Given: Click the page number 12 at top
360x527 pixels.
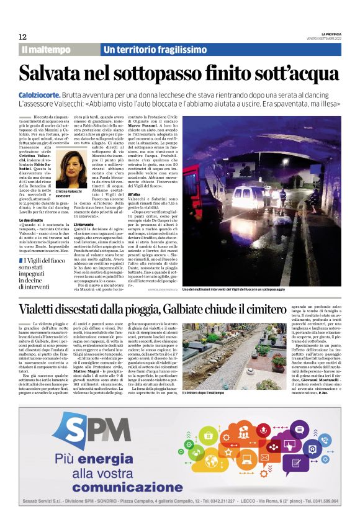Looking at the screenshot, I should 22,37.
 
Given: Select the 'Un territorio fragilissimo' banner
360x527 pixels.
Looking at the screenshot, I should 155,49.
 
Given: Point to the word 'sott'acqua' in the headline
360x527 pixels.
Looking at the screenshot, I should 289,73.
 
